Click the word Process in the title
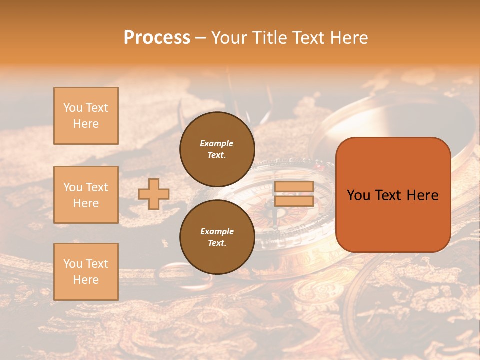(157, 38)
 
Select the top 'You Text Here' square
(86, 116)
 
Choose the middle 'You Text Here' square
(86, 195)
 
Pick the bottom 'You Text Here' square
(86, 272)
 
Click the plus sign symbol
(154, 194)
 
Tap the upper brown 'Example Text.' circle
(217, 149)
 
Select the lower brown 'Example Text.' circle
(217, 237)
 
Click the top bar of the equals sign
(294, 187)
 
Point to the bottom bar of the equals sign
(294, 201)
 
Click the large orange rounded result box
(393, 195)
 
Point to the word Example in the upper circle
(216, 143)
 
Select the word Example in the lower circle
(217, 231)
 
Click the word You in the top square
(73, 108)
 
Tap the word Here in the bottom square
(86, 280)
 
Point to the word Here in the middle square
(86, 203)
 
